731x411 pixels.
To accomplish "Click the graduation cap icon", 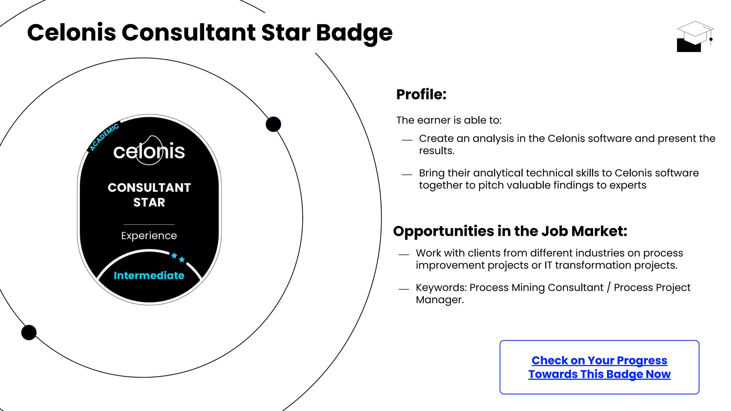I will [694, 36].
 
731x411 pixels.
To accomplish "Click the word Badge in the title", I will [354, 33].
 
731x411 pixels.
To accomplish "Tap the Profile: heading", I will [421, 95].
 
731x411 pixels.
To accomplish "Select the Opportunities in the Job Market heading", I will [510, 231].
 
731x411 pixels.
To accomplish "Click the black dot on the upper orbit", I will [273, 124].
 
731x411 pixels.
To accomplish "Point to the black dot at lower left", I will [29, 333].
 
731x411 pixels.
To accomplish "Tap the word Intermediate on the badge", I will [149, 275].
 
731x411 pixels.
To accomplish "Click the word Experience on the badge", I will [149, 235].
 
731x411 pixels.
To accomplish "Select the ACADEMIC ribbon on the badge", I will [104, 137].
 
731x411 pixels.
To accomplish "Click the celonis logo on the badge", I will [149, 151].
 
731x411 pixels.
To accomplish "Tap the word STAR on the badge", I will [149, 202].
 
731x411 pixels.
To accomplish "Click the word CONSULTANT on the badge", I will [149, 188].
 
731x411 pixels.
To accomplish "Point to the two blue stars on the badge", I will [178, 257].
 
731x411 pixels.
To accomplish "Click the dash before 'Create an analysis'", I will [407, 140].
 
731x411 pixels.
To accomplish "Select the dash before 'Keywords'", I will [404, 289].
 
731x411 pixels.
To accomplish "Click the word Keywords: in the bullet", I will [441, 288].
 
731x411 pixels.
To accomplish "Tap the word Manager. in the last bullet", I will [440, 300].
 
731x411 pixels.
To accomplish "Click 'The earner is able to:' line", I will [449, 120].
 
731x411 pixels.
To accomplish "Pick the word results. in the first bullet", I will [437, 151].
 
